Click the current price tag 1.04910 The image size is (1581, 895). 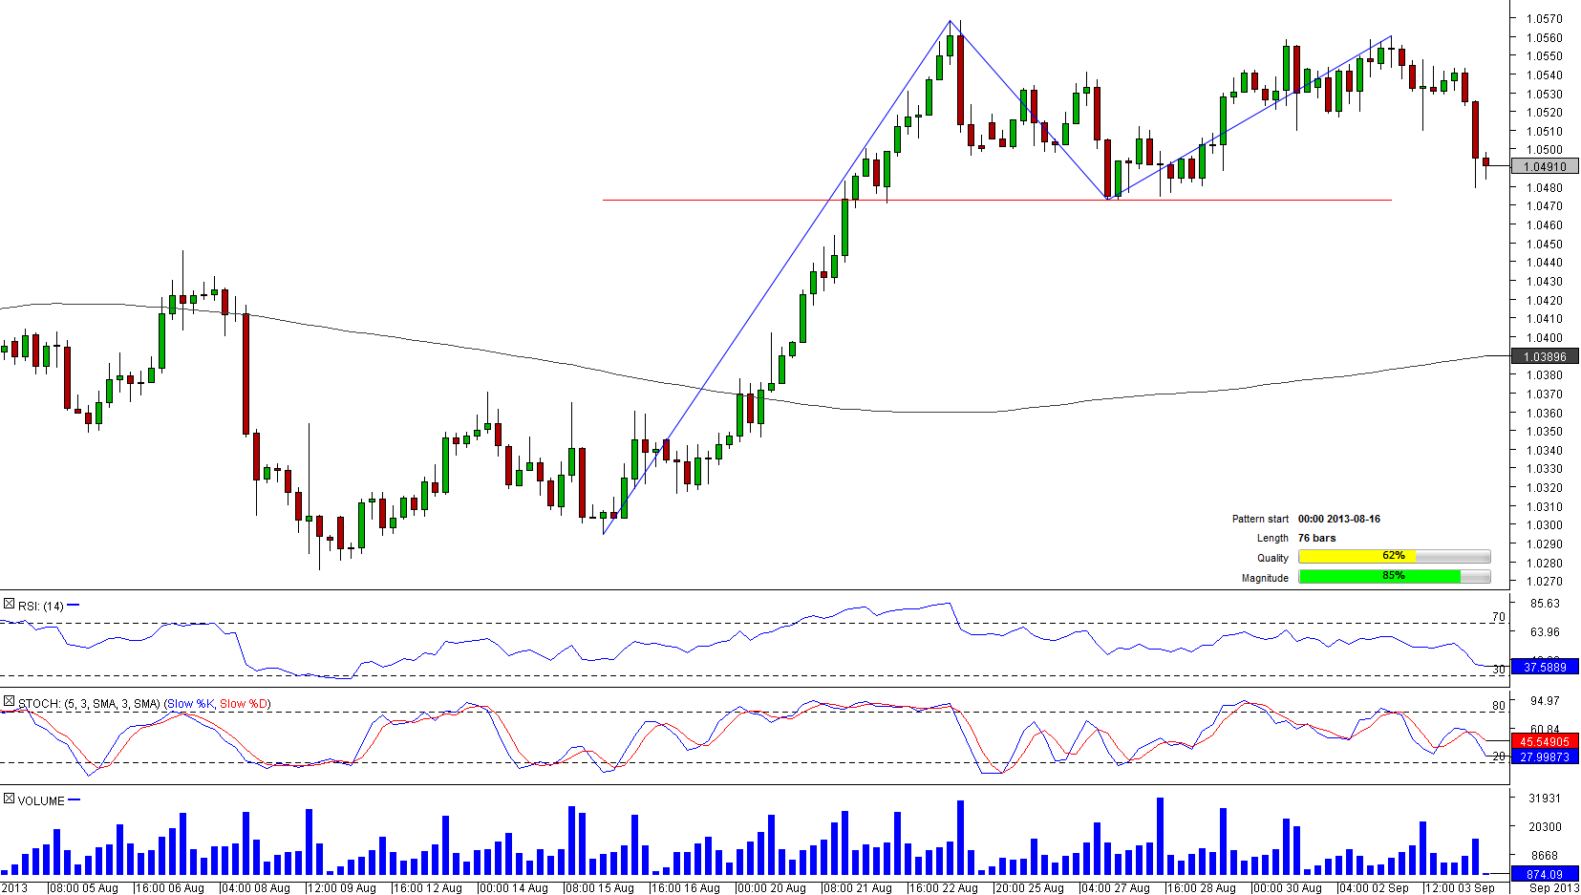[x=1545, y=167]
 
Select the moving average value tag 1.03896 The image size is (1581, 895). [x=1545, y=356]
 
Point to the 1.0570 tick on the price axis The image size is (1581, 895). [x=1544, y=19]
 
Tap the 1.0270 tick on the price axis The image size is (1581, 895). [x=1544, y=581]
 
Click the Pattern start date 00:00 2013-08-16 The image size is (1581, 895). [x=1338, y=519]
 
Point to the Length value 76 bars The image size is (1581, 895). [x=1316, y=538]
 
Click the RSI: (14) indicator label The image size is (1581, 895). [x=40, y=606]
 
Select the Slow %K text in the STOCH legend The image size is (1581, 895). [x=190, y=704]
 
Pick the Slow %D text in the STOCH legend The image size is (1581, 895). [x=244, y=704]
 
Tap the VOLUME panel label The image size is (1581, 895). [x=41, y=800]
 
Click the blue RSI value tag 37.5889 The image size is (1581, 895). [x=1545, y=667]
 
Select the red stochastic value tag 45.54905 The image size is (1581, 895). [x=1545, y=741]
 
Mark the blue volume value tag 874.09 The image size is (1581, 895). [x=1545, y=874]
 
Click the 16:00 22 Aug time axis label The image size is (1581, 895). [x=943, y=888]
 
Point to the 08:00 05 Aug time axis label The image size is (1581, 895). [x=83, y=888]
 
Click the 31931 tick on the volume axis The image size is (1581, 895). [x=1544, y=799]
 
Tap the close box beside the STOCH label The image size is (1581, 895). [x=9, y=702]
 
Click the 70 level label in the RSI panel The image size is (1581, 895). [x=1498, y=617]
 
